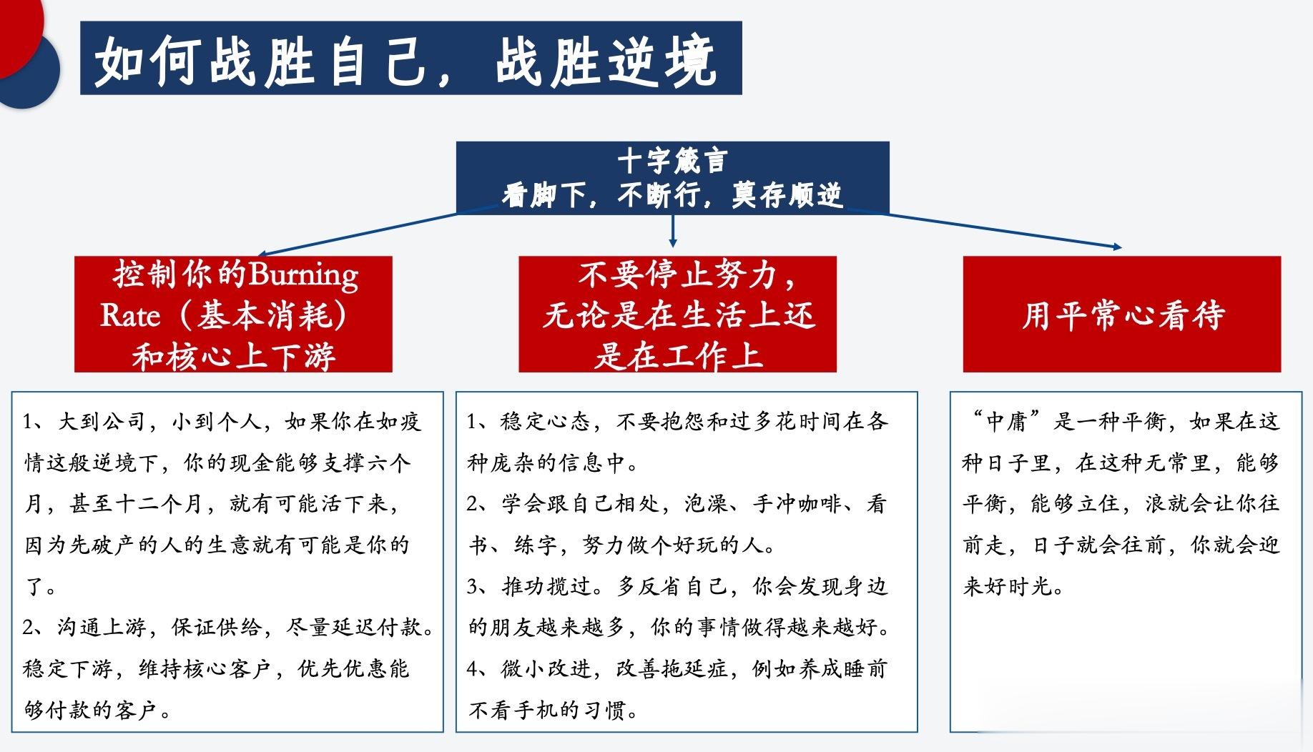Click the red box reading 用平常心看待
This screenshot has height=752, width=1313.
1121,314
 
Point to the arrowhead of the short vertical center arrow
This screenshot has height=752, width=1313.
672,243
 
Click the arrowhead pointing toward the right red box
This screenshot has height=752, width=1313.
1117,247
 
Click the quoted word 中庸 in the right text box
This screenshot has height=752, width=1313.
1008,421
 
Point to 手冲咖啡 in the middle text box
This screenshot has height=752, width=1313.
797,504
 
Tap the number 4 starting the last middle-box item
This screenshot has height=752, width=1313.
473,669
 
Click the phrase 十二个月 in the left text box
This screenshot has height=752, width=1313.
159,504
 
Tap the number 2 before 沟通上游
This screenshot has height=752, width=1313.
29,628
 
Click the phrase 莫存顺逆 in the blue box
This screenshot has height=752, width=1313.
787,194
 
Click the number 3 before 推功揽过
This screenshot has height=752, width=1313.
473,587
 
